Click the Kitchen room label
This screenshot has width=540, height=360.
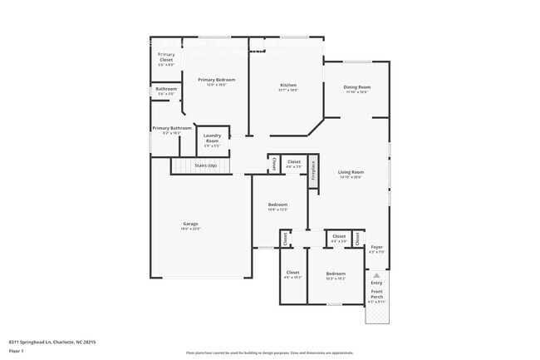click(288, 85)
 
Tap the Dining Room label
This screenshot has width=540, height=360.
click(357, 86)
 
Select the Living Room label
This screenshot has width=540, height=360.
click(351, 172)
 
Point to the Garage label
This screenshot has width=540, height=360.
click(190, 224)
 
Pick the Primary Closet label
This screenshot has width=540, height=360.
click(166, 57)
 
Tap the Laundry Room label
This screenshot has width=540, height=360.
click(212, 137)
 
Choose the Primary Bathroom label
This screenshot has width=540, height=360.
click(172, 128)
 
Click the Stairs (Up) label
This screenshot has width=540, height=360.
click(205, 165)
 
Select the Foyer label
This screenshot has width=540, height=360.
click(376, 247)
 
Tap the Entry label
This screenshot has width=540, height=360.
click(377, 283)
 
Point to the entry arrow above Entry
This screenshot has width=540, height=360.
click(377, 274)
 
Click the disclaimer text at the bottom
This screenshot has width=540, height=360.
click(270, 353)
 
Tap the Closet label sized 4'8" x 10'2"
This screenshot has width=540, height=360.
click(292, 277)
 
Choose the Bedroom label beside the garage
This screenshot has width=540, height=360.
click(277, 205)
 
